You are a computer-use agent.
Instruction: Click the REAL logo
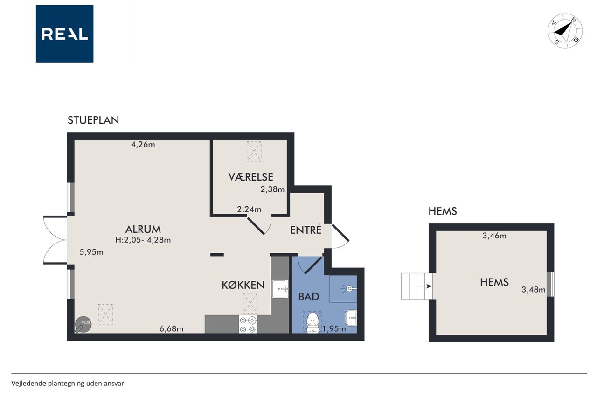(64, 34)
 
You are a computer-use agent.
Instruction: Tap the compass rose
(565, 31)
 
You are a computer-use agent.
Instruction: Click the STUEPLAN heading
(93, 120)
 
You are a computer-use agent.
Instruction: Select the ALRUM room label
(143, 229)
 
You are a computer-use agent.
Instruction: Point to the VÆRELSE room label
(250, 177)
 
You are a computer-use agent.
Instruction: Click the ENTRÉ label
(305, 230)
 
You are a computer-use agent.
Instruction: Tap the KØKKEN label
(243, 285)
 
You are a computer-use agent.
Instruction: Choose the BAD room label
(309, 297)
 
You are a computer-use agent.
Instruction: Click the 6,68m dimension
(171, 329)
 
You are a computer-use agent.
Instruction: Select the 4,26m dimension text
(143, 145)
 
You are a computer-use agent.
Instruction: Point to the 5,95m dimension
(91, 252)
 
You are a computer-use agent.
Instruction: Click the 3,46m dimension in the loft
(494, 236)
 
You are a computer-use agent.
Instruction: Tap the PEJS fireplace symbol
(83, 325)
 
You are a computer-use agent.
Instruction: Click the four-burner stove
(248, 324)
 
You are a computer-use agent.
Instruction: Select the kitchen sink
(280, 289)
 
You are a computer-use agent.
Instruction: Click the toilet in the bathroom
(313, 323)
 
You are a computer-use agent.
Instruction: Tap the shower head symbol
(349, 289)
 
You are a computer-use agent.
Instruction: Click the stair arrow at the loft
(424, 286)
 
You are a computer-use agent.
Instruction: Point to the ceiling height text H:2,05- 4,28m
(143, 240)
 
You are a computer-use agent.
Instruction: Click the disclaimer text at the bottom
(68, 384)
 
